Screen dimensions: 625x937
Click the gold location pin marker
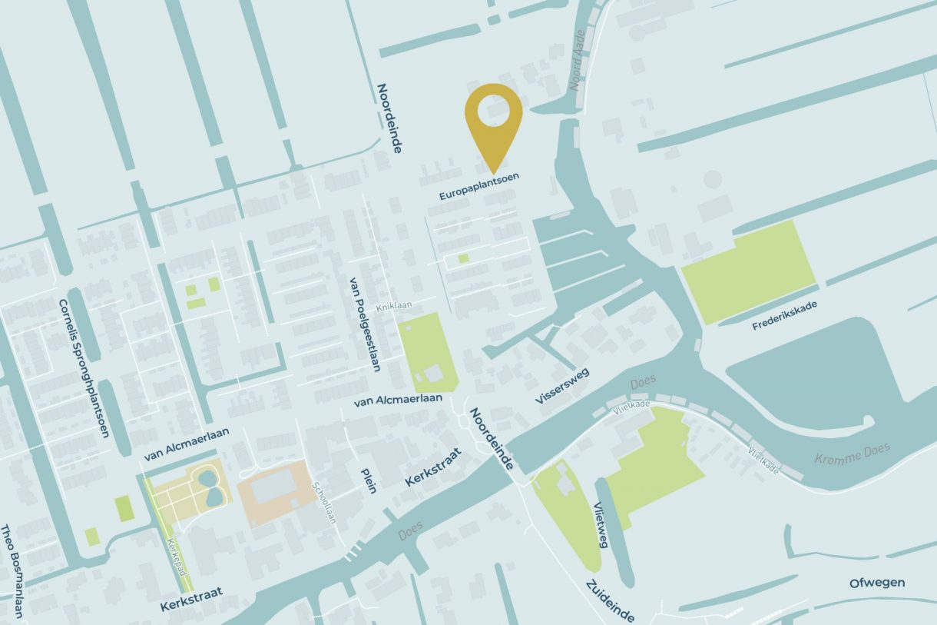tap(493, 123)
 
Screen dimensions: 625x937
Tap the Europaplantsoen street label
tap(478, 187)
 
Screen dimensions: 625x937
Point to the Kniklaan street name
tap(394, 306)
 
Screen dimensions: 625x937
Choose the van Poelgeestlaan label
tap(365, 324)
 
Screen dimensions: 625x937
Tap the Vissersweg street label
tap(561, 385)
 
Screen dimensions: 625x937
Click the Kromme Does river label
tap(852, 453)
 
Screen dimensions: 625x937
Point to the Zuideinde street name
tap(610, 600)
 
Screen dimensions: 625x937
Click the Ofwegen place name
tap(876, 583)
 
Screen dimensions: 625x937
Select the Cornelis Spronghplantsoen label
tap(83, 367)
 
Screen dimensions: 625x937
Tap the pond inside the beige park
tap(209, 489)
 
